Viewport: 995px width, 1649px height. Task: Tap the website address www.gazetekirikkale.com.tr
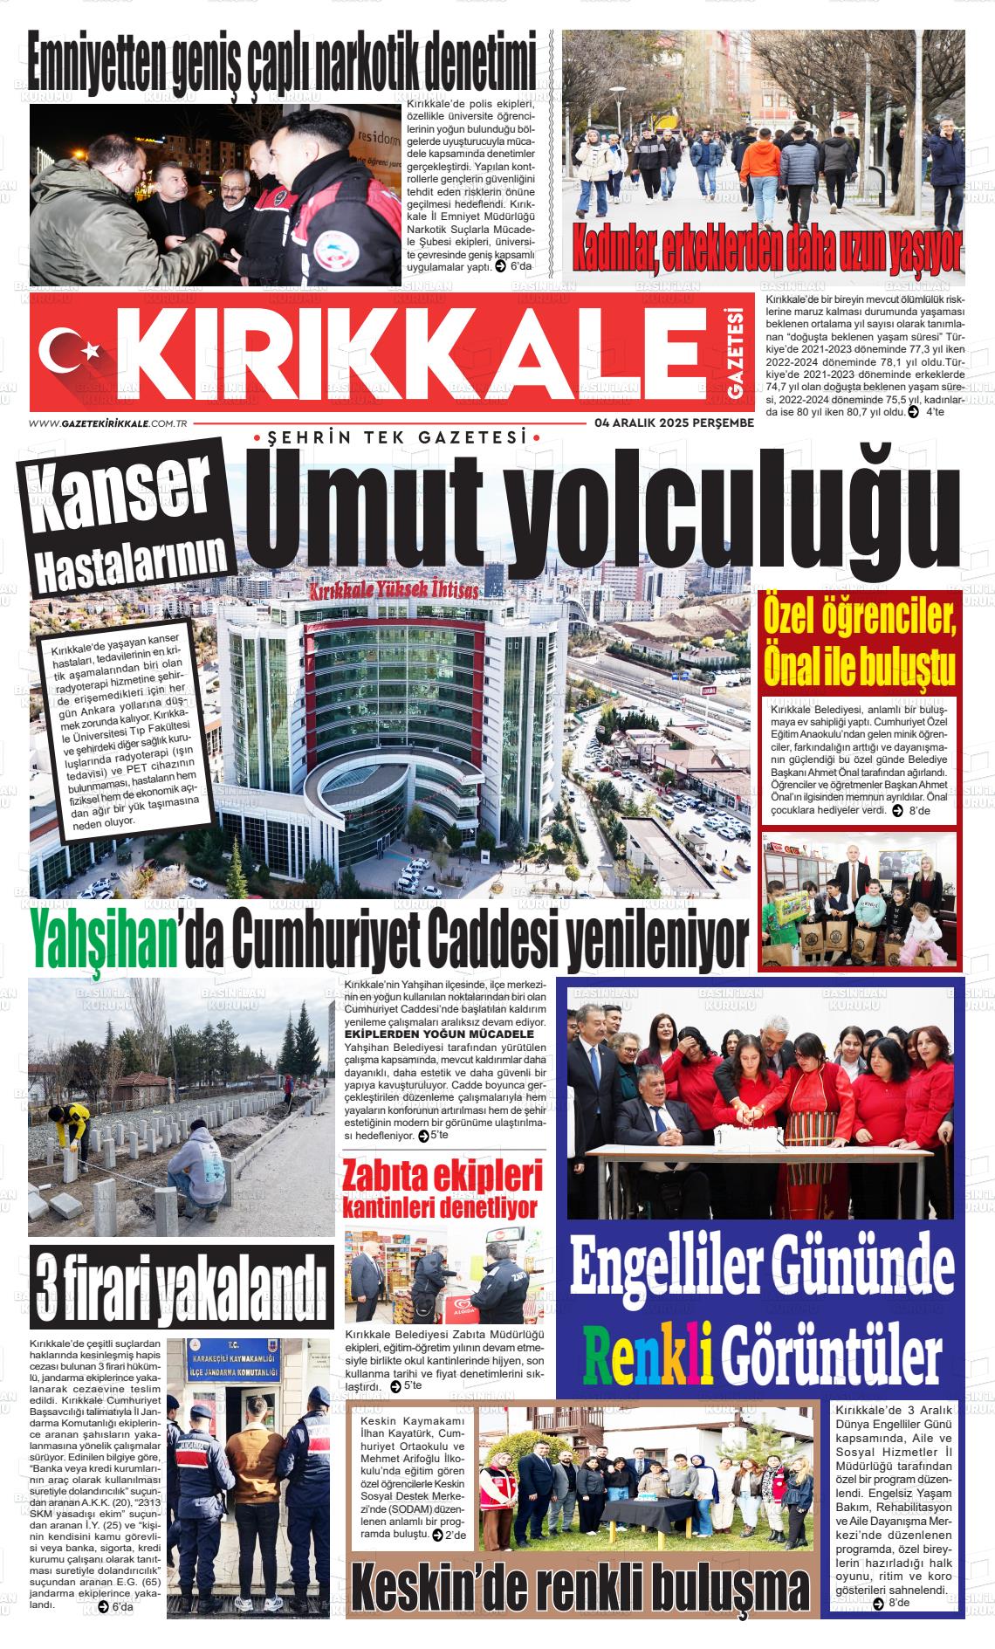(109, 423)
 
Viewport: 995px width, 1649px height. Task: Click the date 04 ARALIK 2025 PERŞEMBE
(673, 423)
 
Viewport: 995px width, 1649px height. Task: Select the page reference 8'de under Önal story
(919, 811)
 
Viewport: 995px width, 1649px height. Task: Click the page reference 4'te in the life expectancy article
(934, 412)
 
